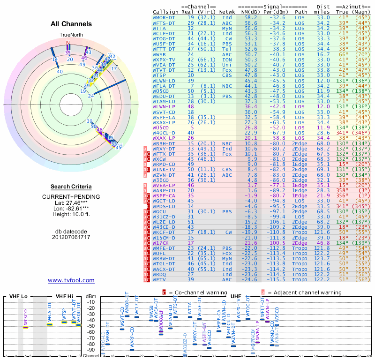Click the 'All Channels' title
pos(71,24)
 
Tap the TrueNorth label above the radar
pos(71,35)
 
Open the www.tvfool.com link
pos(71,280)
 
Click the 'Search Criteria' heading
pos(71,187)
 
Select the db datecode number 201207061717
pos(71,237)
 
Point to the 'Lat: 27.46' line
pos(71,202)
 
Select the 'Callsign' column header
pos(166,12)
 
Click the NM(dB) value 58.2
pos(251,17)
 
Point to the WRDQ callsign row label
pos(161,274)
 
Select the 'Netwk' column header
pos(227,12)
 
